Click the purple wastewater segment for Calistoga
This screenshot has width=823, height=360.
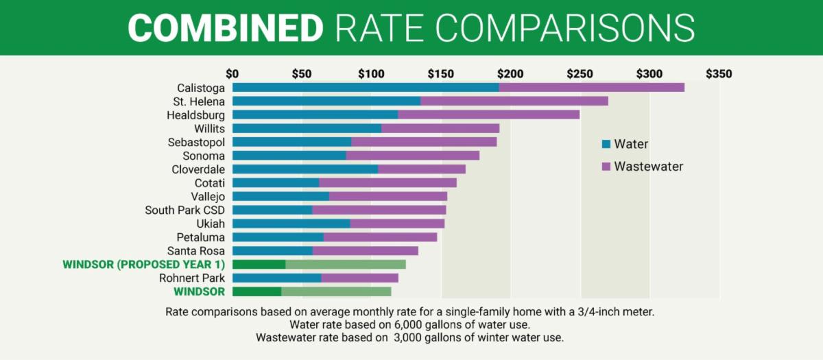(x=591, y=87)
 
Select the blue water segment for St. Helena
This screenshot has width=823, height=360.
(x=326, y=101)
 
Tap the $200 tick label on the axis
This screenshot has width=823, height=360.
(x=510, y=73)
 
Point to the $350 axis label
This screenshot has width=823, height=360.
(x=719, y=73)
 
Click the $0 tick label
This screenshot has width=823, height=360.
(x=232, y=73)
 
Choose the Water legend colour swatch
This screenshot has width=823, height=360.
(x=606, y=145)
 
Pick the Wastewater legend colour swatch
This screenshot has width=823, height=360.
(x=606, y=167)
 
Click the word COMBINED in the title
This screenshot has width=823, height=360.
(x=226, y=27)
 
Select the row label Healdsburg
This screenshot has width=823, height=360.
(x=195, y=115)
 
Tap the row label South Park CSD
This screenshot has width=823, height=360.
(x=184, y=210)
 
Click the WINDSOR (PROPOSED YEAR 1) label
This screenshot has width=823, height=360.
(x=143, y=264)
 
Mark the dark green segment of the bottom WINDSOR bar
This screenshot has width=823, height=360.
(x=257, y=291)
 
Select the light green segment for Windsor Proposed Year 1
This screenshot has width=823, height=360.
(x=346, y=264)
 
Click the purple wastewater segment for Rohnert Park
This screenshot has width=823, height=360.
(x=359, y=278)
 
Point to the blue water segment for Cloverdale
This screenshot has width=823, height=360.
(x=305, y=169)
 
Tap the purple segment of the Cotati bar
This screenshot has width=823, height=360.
(x=387, y=182)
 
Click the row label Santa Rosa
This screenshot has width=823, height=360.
(x=195, y=251)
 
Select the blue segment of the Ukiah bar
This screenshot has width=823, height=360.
(x=291, y=224)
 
